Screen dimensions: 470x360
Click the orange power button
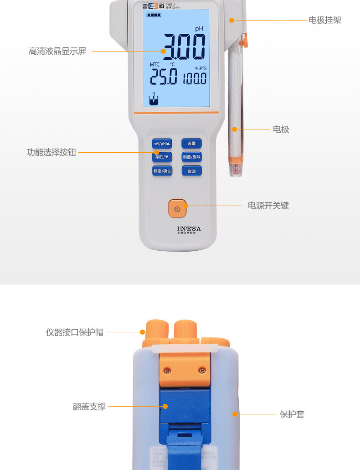point(177,209)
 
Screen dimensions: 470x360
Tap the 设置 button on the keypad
point(191,144)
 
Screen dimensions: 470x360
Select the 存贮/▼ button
point(162,157)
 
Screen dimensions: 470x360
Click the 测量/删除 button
point(191,157)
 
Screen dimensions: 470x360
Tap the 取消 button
point(191,171)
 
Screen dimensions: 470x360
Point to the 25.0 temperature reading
point(164,77)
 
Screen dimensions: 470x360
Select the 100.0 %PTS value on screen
point(195,79)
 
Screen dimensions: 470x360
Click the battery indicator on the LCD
point(154,15)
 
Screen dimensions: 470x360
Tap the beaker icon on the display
point(154,99)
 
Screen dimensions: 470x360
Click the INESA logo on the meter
point(189,228)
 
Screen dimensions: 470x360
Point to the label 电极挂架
point(324,20)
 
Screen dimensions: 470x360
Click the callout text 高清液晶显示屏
point(57,51)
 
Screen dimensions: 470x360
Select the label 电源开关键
point(268,206)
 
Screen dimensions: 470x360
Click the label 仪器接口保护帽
point(75,332)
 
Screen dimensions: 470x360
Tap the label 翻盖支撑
point(89,407)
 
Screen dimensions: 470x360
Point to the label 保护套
point(292,414)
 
